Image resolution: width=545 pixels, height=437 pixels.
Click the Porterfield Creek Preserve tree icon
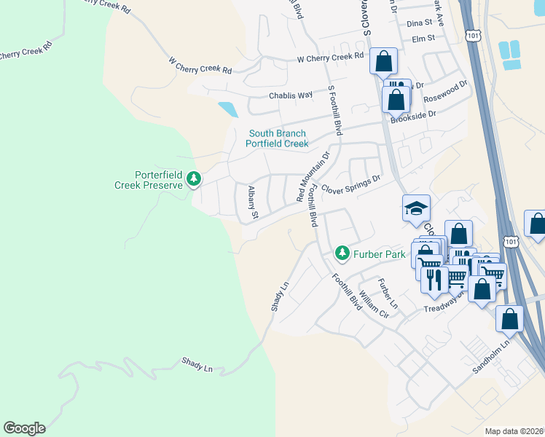[x=194, y=178]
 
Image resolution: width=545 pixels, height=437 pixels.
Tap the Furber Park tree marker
[x=341, y=253]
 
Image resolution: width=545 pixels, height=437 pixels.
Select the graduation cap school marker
[x=416, y=209]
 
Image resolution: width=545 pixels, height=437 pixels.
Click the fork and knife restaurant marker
[x=434, y=280]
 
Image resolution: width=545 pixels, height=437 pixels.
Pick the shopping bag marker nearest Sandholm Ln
[x=509, y=318]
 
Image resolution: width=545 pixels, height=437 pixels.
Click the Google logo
[x=24, y=428]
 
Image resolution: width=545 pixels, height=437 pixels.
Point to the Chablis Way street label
[x=291, y=95]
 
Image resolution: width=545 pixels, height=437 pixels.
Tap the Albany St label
[x=253, y=202]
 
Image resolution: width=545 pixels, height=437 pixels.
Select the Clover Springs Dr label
[x=351, y=184]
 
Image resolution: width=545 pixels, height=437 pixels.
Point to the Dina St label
[x=420, y=23]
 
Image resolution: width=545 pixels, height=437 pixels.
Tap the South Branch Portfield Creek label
[x=277, y=138]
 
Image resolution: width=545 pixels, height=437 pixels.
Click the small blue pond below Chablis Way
[x=227, y=110]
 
